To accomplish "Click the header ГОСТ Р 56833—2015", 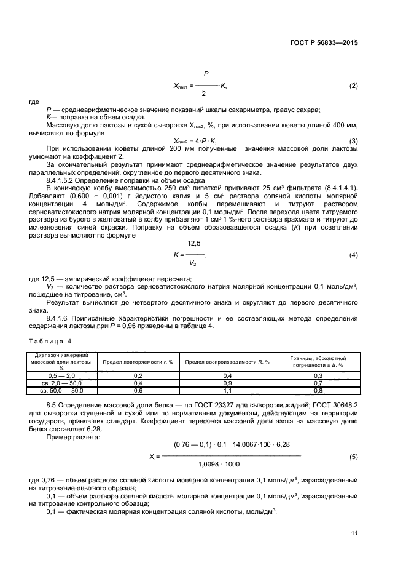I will coord(324,44).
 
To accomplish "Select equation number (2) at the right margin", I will coord(353,85).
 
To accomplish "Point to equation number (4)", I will coord(353,255).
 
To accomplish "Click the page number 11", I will coord(354,533).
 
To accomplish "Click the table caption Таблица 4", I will coord(50,340).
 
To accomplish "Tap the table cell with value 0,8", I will coord(318,390).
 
